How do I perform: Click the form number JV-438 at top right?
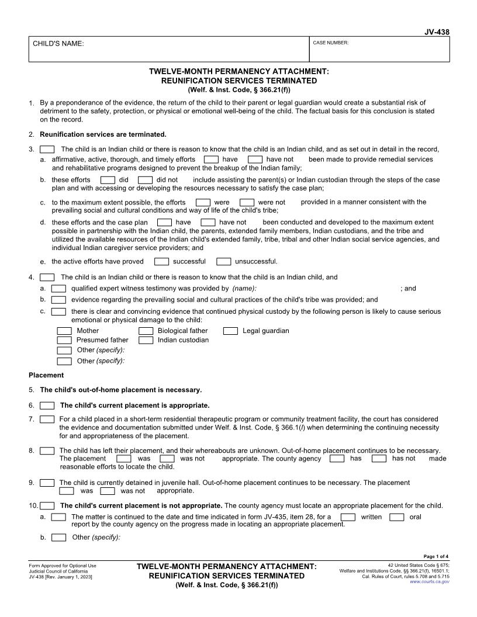tap(437, 32)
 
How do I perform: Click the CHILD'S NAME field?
tap(170, 49)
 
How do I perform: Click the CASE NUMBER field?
tap(381, 49)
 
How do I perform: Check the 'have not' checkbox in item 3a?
tap(255, 160)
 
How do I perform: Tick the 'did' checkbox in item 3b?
tap(108, 181)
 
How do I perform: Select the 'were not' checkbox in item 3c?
tap(247, 203)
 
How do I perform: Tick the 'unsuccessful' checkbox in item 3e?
tap(223, 262)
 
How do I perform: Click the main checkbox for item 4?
tap(47, 278)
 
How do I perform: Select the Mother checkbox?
tap(64, 331)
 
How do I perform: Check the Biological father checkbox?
tap(146, 331)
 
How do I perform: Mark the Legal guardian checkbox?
tap(231, 331)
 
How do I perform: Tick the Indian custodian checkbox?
tap(146, 341)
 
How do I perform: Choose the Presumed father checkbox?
tap(64, 341)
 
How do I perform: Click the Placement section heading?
tap(46, 375)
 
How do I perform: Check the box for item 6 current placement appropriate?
tap(47, 405)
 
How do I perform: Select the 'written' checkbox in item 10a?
tap(348, 517)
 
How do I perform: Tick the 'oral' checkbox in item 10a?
tap(396, 517)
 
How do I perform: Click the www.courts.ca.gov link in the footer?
tap(430, 582)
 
